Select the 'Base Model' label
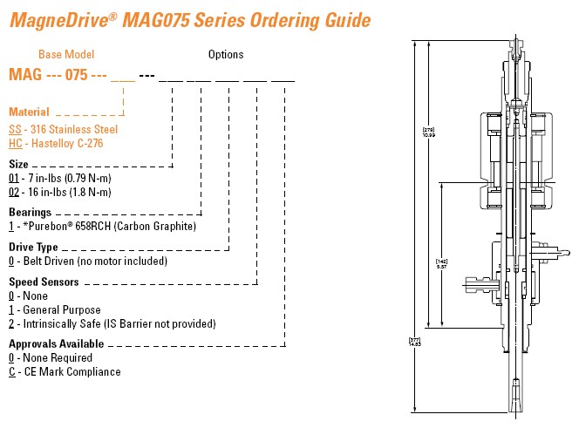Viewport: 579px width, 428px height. (x=67, y=55)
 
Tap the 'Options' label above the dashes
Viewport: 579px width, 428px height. (x=226, y=55)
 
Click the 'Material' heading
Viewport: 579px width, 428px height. (x=30, y=112)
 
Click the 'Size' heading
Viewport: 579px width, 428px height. (x=18, y=164)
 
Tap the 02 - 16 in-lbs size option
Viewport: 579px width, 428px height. (x=79, y=192)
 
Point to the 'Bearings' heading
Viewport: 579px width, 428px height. (x=30, y=212)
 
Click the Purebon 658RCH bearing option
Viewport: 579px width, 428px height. (x=102, y=226)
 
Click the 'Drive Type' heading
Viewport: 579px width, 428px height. (x=33, y=248)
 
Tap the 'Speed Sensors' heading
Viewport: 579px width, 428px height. (x=44, y=282)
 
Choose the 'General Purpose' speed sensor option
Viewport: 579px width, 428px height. (x=54, y=309)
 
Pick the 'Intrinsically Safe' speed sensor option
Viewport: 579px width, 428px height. (x=112, y=323)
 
